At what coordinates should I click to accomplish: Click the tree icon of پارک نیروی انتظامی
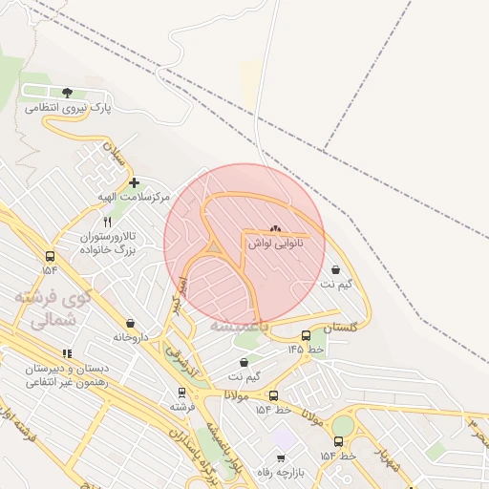click(67, 93)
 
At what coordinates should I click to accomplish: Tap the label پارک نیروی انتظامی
click(68, 108)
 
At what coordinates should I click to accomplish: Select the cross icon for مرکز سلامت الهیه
click(134, 181)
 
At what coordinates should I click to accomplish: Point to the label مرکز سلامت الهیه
click(133, 196)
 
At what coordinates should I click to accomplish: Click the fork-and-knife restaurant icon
click(107, 222)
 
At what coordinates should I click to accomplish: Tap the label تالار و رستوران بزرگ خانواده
click(107, 242)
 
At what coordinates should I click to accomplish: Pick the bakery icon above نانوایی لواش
click(276, 229)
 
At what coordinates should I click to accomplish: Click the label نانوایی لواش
click(276, 244)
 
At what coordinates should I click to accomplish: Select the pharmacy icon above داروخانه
click(131, 323)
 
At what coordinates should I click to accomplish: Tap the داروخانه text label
click(131, 337)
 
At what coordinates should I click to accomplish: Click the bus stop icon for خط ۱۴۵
click(306, 335)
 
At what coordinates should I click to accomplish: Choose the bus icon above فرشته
click(181, 392)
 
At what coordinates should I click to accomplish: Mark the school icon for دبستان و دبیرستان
click(66, 353)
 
